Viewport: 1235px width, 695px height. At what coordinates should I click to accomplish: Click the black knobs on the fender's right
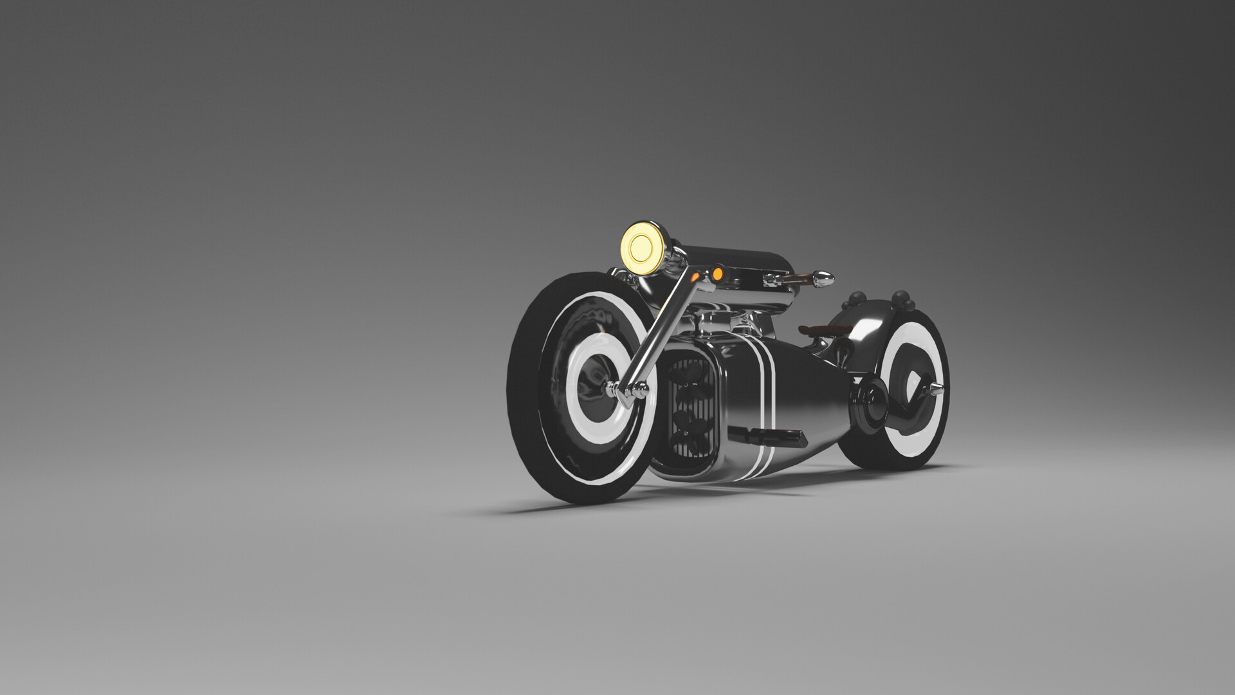(x=902, y=300)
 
